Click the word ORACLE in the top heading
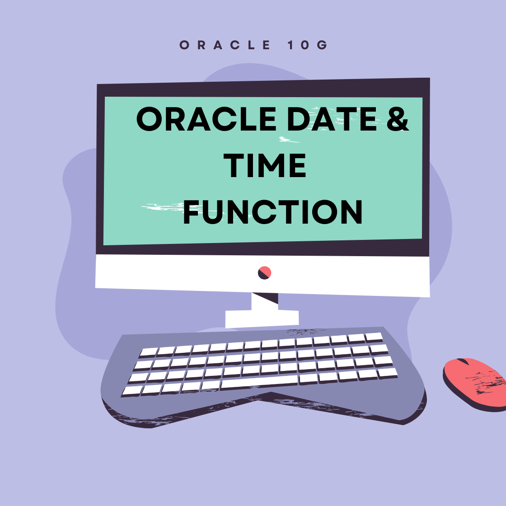coord(225,45)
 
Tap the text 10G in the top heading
coord(308,45)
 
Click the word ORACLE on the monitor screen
coord(206,119)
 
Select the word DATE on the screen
coord(332,119)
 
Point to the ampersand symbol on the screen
coord(398,119)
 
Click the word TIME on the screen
coord(265,165)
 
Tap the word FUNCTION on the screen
coord(273,211)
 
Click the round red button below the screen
coord(265,273)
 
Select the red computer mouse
coord(474,384)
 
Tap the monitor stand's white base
coord(262,319)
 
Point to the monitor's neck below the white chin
coord(265,301)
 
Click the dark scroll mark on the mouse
coord(463,361)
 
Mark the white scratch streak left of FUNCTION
coord(164,207)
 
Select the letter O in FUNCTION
coord(325,211)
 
